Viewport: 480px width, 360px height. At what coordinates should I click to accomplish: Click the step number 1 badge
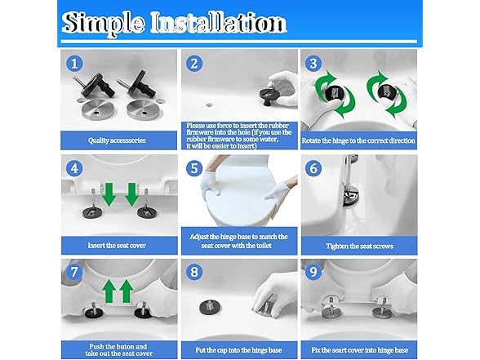[74, 64]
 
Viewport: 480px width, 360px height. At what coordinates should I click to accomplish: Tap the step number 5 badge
[194, 168]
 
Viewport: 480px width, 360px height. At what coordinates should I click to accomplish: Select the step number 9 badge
[313, 272]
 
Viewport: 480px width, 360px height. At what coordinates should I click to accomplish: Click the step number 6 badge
[313, 168]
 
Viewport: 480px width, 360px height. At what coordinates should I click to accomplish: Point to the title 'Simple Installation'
[174, 22]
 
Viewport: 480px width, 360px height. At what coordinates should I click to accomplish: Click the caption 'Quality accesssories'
[117, 140]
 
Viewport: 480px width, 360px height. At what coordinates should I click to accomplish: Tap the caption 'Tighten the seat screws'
[359, 247]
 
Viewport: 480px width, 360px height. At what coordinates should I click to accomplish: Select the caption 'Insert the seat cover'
[117, 246]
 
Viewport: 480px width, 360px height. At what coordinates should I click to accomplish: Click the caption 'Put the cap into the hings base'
[238, 350]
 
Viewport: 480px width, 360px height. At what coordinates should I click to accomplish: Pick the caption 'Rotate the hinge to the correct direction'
[358, 140]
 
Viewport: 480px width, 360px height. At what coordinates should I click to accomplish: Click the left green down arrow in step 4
[109, 194]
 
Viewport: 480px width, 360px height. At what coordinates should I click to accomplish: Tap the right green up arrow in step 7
[127, 291]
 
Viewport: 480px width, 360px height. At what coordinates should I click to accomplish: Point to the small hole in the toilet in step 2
[209, 105]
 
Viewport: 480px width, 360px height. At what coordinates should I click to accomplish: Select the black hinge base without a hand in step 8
[209, 307]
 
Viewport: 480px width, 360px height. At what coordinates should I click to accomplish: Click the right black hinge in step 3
[385, 91]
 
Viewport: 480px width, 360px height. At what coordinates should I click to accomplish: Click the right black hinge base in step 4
[145, 212]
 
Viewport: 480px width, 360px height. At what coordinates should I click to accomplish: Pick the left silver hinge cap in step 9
[330, 311]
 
